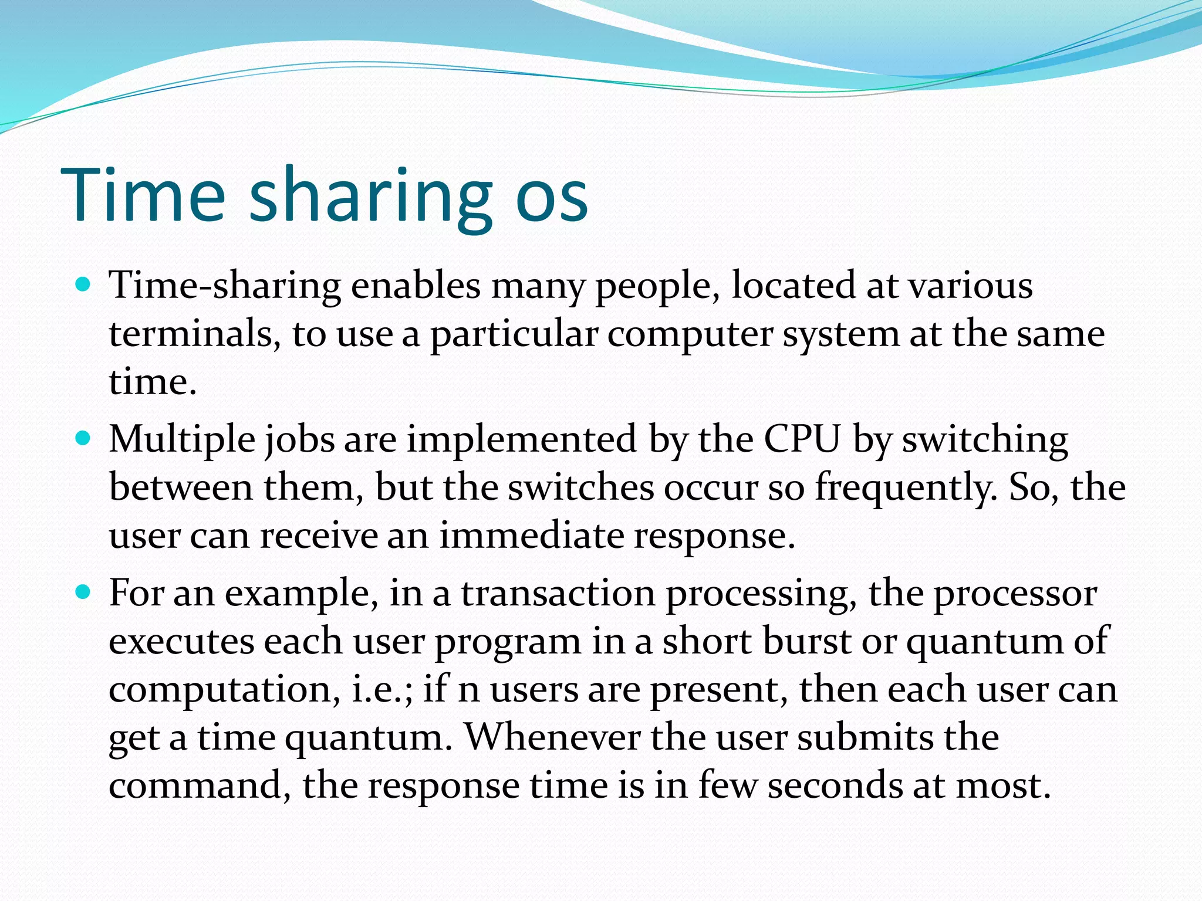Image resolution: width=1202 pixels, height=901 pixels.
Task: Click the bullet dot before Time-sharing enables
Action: pyautogui.click(x=84, y=285)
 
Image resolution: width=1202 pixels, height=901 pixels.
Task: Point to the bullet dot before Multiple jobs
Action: pyautogui.click(x=84, y=438)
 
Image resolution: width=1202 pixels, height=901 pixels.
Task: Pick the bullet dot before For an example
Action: pyautogui.click(x=84, y=592)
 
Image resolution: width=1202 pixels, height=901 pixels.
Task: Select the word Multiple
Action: pyautogui.click(x=182, y=440)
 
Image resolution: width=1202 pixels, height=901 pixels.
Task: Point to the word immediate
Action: pyautogui.click(x=531, y=536)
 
